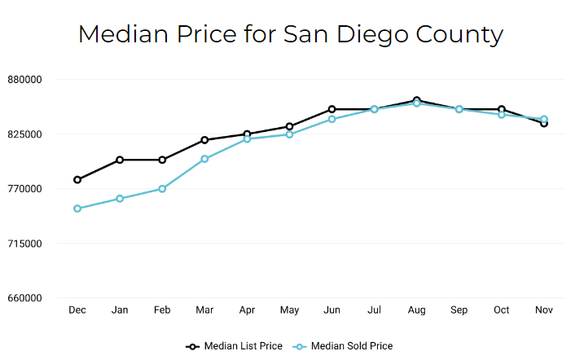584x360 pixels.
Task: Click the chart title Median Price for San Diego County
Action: pyautogui.click(x=291, y=35)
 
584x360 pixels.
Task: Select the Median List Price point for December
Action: pyautogui.click(x=77, y=180)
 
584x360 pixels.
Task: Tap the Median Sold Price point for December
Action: pyautogui.click(x=77, y=209)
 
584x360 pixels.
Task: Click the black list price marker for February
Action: pyautogui.click(x=162, y=160)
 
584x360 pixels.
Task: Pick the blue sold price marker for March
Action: pyautogui.click(x=204, y=159)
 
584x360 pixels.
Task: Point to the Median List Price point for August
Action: pyautogui.click(x=417, y=100)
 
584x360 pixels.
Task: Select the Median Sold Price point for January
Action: pyautogui.click(x=120, y=199)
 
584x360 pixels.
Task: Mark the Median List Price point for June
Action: pyautogui.click(x=332, y=109)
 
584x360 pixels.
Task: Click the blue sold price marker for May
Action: pyautogui.click(x=290, y=134)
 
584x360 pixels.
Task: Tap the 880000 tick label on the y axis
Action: pyautogui.click(x=24, y=80)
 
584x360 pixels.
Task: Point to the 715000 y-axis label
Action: pyautogui.click(x=24, y=244)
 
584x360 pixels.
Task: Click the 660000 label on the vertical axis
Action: pyautogui.click(x=24, y=298)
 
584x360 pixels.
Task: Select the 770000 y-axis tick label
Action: pyautogui.click(x=24, y=189)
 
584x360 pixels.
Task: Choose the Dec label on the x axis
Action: pyautogui.click(x=77, y=310)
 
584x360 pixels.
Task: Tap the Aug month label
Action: pyautogui.click(x=417, y=310)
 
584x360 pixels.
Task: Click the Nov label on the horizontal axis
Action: pyautogui.click(x=544, y=310)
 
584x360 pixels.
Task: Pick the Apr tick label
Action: pyautogui.click(x=247, y=310)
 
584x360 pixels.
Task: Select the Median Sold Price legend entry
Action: pyautogui.click(x=344, y=346)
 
